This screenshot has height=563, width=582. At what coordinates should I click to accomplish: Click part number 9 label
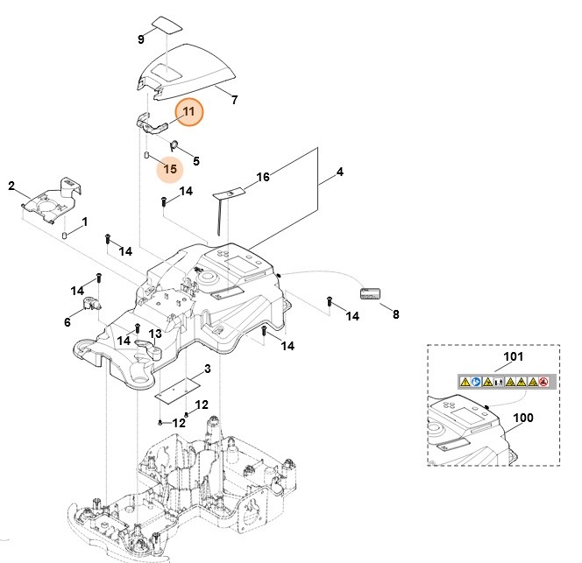(x=140, y=39)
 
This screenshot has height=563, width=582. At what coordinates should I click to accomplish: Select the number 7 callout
(x=234, y=101)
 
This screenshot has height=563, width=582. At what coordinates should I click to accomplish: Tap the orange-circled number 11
(x=189, y=112)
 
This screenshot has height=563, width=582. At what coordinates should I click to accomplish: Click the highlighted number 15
(x=170, y=168)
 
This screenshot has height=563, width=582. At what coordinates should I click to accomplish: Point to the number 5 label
(x=195, y=160)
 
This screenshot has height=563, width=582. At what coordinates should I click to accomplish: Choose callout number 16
(x=262, y=178)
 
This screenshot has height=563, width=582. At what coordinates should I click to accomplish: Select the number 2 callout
(x=11, y=186)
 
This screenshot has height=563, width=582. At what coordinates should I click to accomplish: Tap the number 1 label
(x=84, y=222)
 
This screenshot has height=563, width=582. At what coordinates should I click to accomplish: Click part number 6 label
(x=67, y=322)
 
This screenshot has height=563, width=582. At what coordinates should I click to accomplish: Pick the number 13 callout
(x=154, y=334)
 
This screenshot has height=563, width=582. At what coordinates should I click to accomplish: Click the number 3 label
(x=207, y=369)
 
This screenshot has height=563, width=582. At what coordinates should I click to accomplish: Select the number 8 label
(x=394, y=313)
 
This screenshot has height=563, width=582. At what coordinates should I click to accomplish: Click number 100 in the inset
(x=522, y=418)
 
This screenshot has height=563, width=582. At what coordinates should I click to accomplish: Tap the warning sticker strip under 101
(x=504, y=382)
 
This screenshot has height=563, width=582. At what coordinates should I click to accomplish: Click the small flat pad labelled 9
(x=164, y=23)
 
